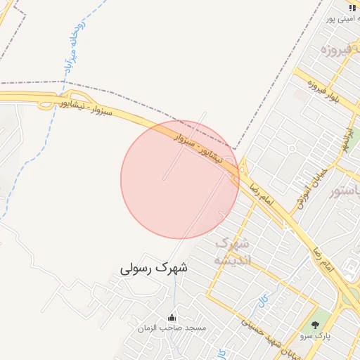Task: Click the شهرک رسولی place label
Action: [x=154, y=268]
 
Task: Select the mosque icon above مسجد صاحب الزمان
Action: [x=172, y=317]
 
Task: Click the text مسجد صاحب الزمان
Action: [x=172, y=328]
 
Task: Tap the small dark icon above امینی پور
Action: [x=352, y=8]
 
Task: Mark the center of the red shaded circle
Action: [x=180, y=179]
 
